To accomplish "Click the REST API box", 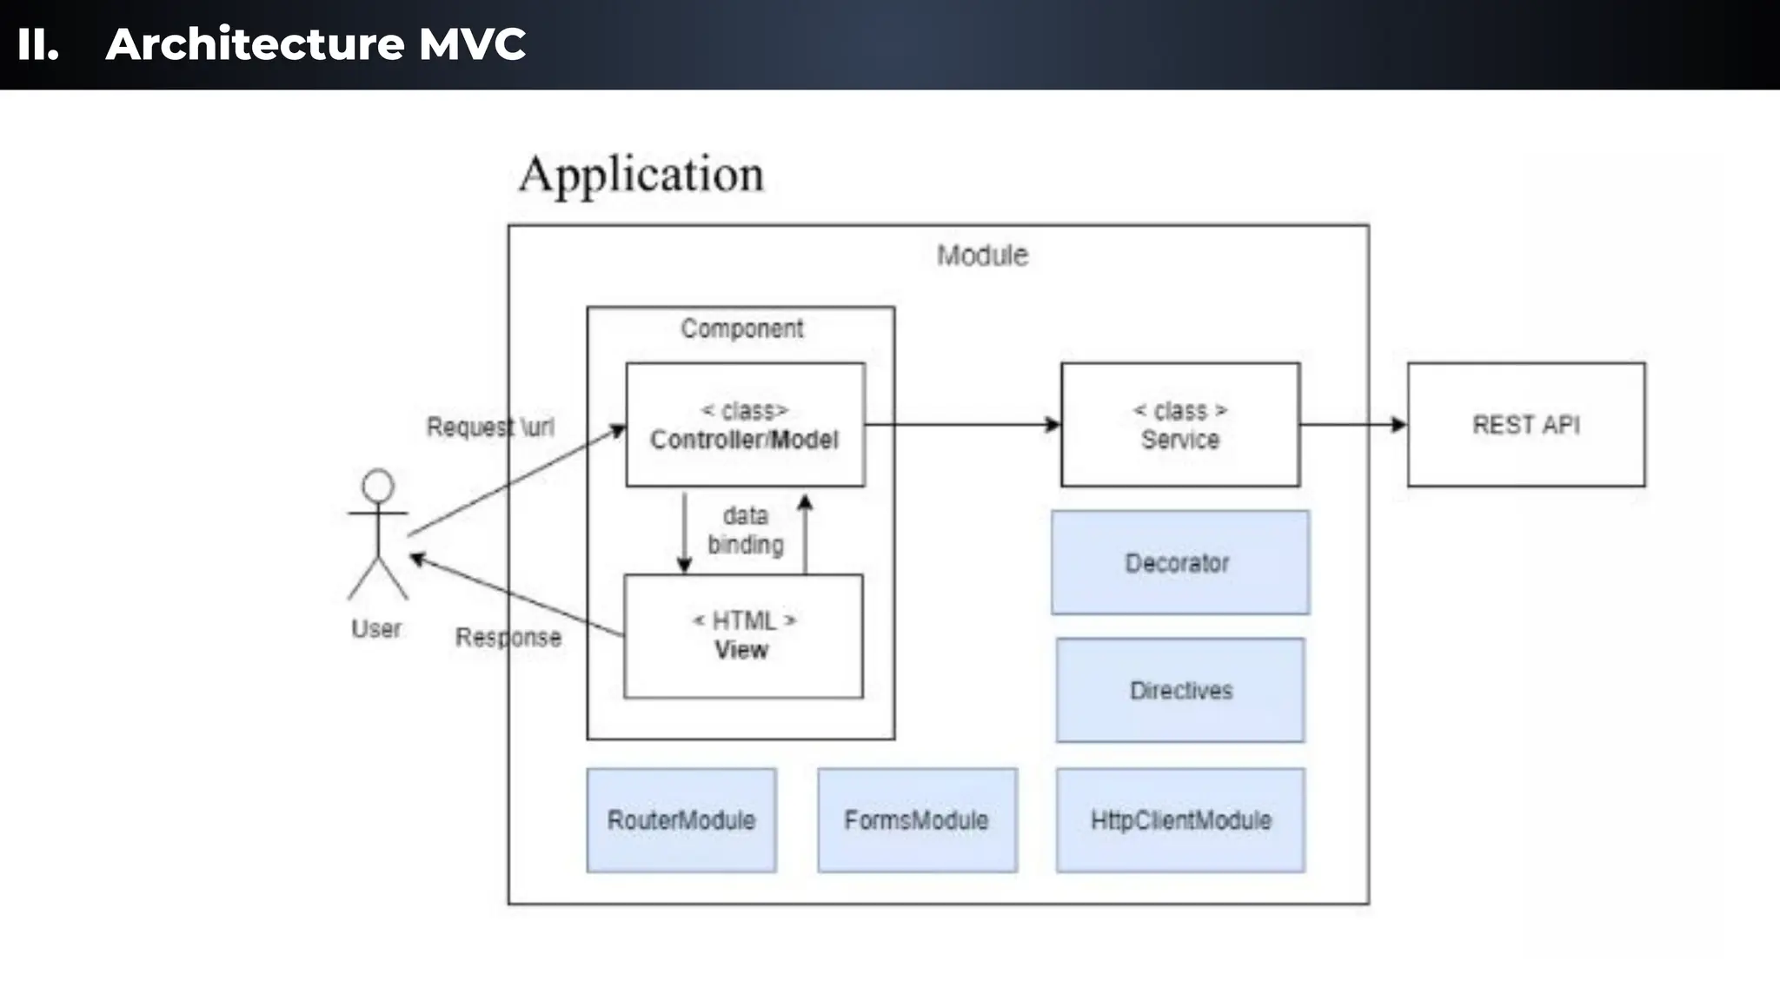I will pos(1526,425).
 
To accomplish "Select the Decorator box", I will pos(1179,563).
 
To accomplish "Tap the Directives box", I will pos(1180,691).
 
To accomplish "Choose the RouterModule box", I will pos(681,820).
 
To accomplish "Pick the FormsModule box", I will pos(917,820).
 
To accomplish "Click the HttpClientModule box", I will pos(1180,820).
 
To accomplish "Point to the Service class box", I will pos(1180,425).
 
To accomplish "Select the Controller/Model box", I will pos(745,425).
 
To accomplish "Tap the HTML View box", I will pos(743,636).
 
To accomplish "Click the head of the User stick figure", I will pos(378,486).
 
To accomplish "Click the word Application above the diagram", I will pos(641,175).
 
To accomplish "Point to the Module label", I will pos(982,255).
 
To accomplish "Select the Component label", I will pos(741,328).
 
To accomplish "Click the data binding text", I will pos(745,530).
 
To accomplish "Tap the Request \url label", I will pos(489,427).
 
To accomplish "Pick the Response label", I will pos(508,637).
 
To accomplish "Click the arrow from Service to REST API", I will pos(1352,425).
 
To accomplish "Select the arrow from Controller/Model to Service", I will pos(962,425).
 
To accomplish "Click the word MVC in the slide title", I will pos(472,44).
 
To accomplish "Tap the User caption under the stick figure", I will pos(375,628).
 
